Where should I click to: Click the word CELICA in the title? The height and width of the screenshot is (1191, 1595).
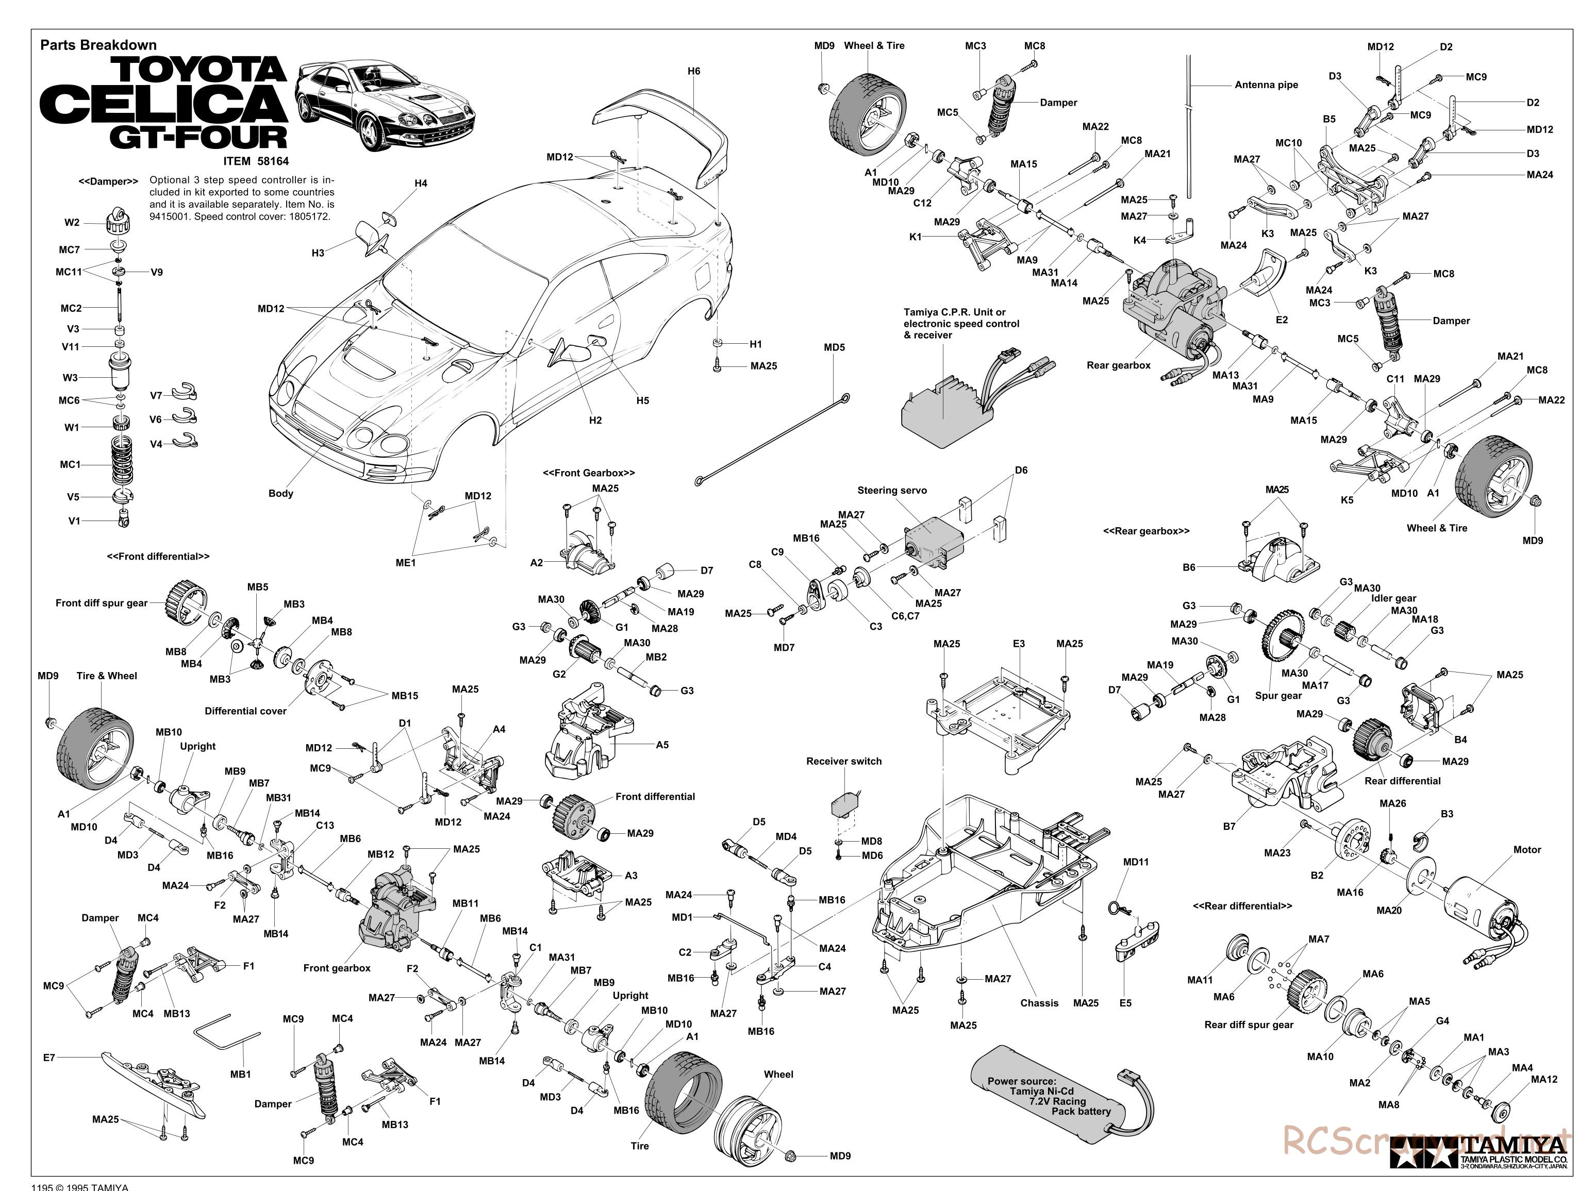(164, 104)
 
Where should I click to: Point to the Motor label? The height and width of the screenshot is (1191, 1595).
(1526, 850)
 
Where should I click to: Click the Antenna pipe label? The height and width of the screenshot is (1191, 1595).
(1266, 85)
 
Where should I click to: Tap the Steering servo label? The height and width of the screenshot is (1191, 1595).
(891, 490)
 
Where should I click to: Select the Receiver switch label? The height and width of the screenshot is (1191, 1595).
(844, 761)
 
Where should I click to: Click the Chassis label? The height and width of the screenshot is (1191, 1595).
(1039, 1003)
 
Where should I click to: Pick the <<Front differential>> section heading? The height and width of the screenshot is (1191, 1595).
(158, 557)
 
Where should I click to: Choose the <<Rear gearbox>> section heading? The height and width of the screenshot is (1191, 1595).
(1146, 531)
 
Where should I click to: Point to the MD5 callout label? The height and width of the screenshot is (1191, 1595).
(834, 347)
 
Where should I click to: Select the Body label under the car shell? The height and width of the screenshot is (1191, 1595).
(280, 493)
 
